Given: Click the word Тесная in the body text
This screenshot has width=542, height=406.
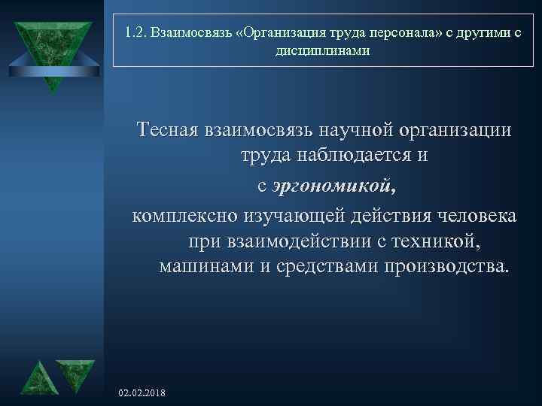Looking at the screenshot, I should point(166,129).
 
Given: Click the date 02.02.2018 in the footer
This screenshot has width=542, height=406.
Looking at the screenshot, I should point(144,393).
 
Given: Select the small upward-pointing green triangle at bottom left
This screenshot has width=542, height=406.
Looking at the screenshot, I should point(35,380).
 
